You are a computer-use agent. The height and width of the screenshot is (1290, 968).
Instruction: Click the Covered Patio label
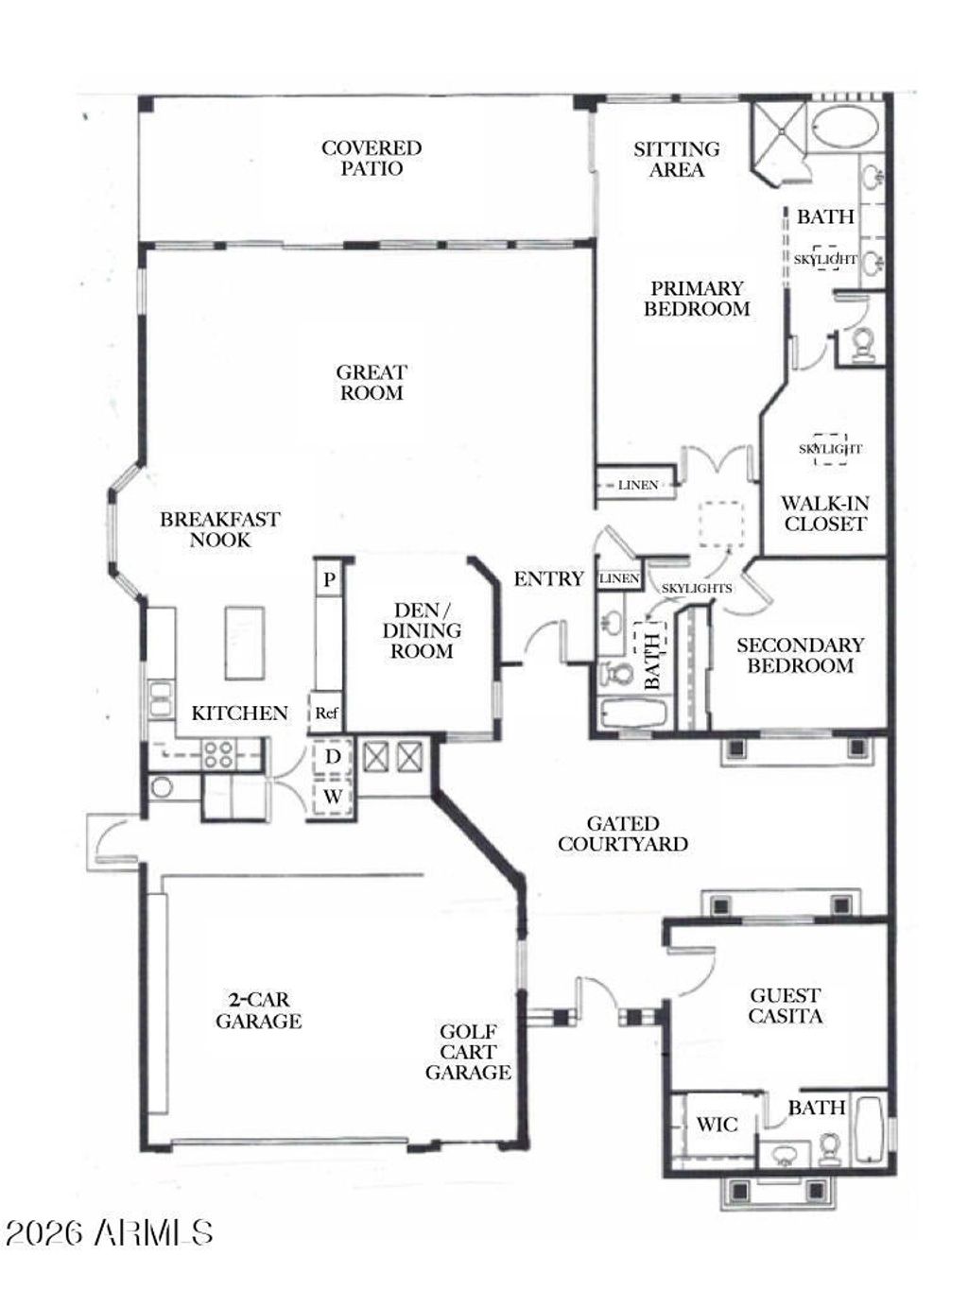(x=372, y=158)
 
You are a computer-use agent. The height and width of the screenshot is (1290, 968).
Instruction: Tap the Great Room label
(x=372, y=383)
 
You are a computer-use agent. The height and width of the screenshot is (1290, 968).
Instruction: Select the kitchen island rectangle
(x=244, y=643)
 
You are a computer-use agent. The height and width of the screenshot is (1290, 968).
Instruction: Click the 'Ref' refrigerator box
(x=326, y=714)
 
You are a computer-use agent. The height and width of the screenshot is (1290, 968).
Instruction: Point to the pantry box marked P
(x=329, y=579)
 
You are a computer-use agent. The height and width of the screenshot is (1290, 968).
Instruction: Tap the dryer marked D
(x=333, y=757)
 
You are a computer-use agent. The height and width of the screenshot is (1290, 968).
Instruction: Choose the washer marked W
(x=333, y=798)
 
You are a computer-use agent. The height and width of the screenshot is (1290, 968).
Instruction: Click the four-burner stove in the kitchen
(x=218, y=754)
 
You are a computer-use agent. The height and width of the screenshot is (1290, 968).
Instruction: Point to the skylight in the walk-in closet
(x=830, y=449)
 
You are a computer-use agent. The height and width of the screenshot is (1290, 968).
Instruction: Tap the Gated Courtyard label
(x=623, y=834)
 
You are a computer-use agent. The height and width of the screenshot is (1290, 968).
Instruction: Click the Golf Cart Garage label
(x=469, y=1052)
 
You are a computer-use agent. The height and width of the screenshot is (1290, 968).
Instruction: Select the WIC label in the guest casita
(x=717, y=1125)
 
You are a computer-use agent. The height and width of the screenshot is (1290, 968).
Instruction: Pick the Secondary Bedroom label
(x=801, y=655)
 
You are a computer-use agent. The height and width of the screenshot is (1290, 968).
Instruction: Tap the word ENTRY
(x=549, y=579)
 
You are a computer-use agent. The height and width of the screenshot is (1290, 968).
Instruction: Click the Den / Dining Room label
(x=422, y=630)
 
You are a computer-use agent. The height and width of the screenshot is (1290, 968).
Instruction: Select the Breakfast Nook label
(x=220, y=529)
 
